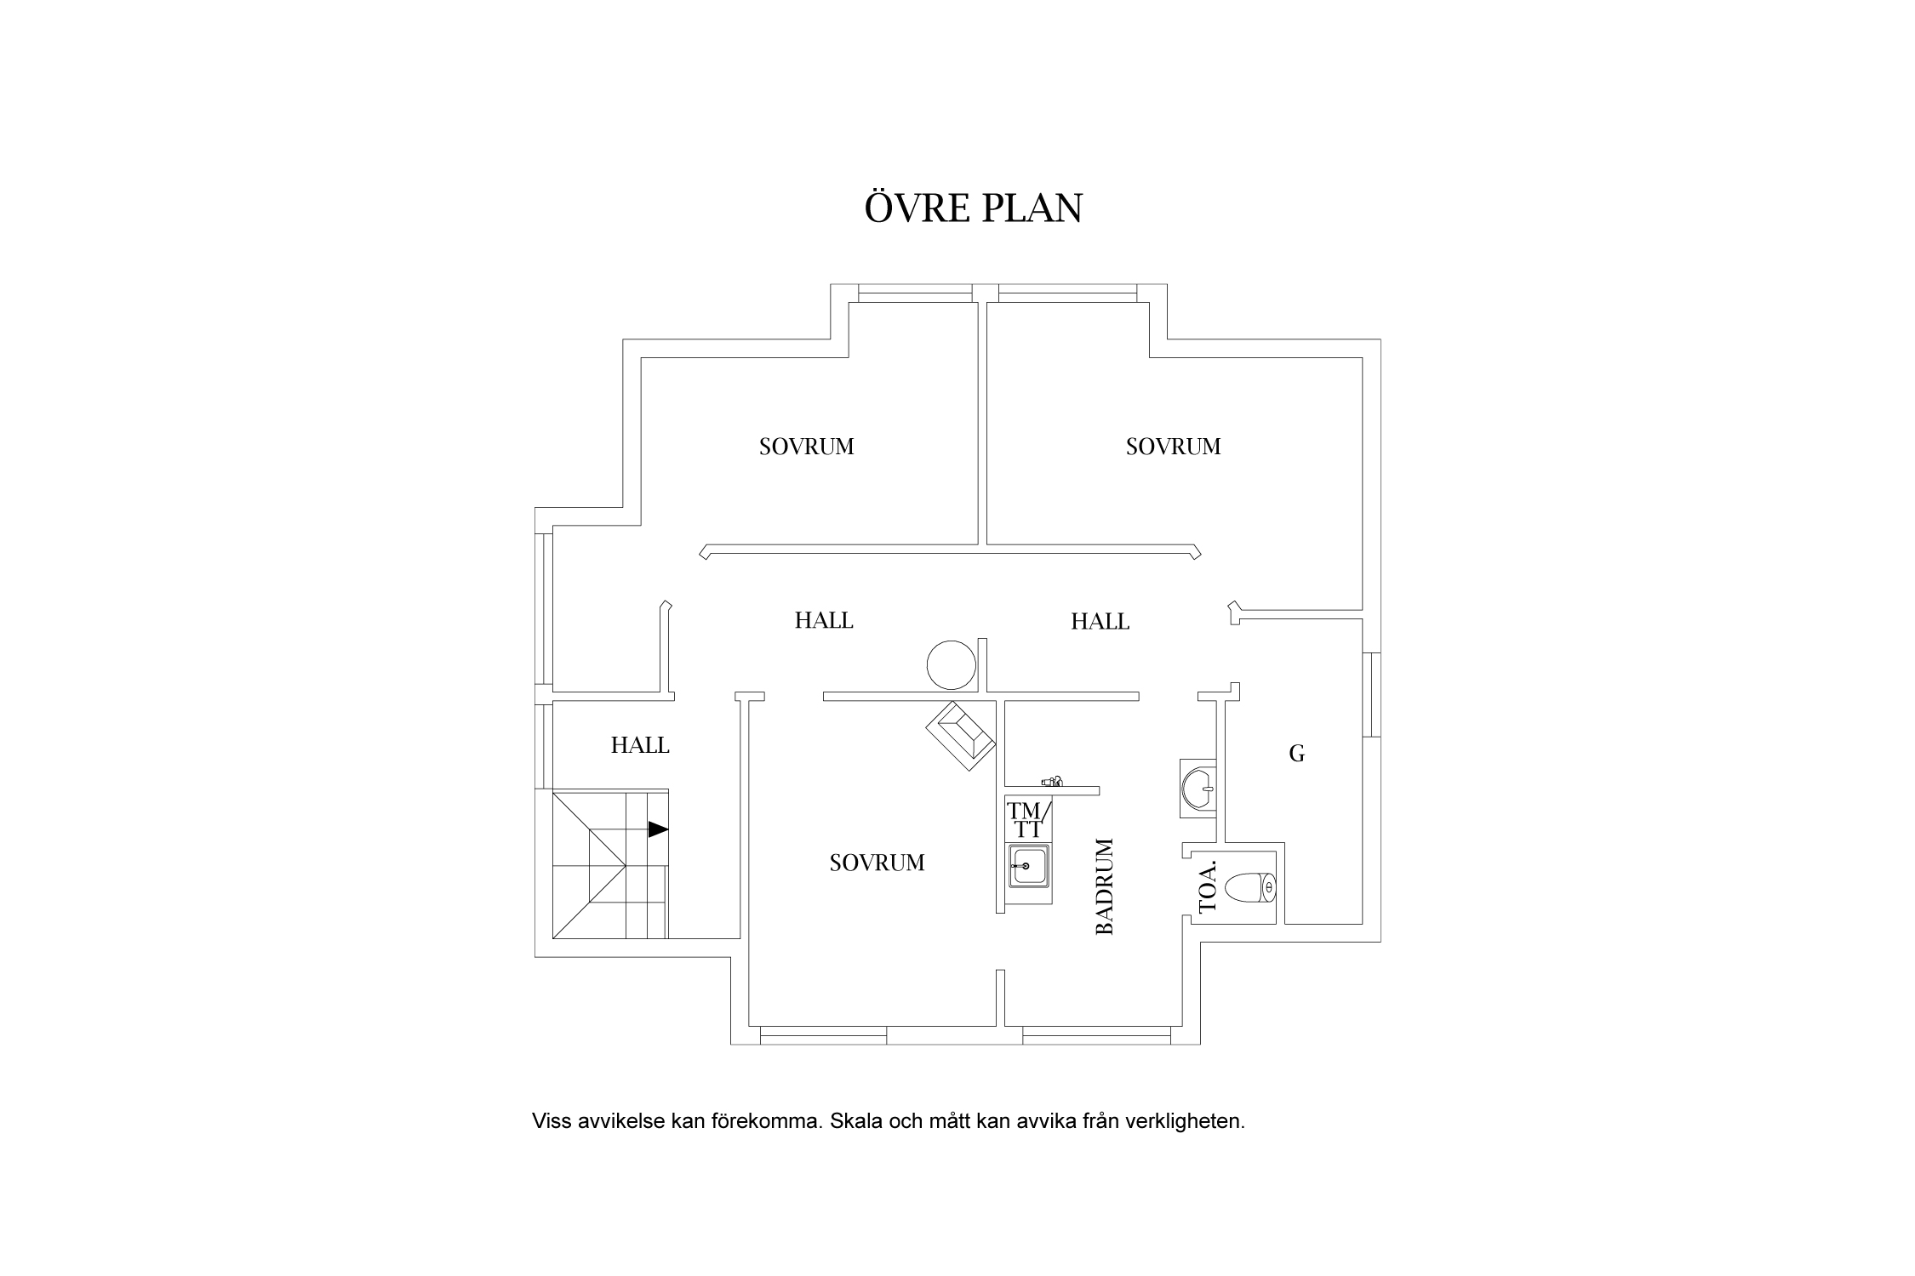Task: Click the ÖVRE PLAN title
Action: coord(973,208)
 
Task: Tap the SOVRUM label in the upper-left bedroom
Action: coord(806,447)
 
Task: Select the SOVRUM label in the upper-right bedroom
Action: coord(1173,447)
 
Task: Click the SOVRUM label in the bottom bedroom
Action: coord(877,863)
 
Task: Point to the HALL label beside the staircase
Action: coord(640,745)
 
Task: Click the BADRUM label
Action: coord(1104,887)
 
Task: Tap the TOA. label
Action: coord(1208,886)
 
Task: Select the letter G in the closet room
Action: coord(1296,753)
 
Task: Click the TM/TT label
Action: coord(1028,819)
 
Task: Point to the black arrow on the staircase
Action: coord(658,829)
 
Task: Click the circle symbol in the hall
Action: coord(951,665)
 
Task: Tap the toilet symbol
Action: coord(1250,888)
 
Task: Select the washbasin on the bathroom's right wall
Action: coord(1199,789)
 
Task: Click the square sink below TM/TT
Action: coord(1028,866)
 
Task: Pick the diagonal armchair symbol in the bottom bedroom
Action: coord(961,736)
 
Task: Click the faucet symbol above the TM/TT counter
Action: coord(1052,780)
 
